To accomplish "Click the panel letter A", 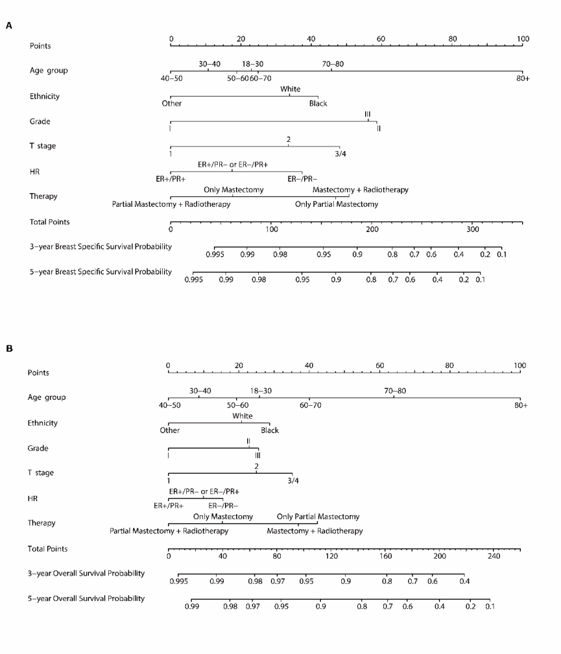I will pos(8,26).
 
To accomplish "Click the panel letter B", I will pos(8,349).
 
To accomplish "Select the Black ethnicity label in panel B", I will pos(270,430).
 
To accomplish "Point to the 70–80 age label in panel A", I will pos(333,64).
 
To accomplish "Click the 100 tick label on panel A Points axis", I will pos(523,39).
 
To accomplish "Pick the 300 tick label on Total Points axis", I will pos(473,229).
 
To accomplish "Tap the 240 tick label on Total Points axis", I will pos(494,556).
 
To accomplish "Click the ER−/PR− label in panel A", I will pos(302,178).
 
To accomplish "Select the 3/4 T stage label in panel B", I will pos(293,480).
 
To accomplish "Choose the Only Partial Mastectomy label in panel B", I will pos(318,517).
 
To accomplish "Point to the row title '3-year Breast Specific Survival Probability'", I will pos(101,247).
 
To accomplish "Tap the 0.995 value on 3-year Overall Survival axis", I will pos(178,581).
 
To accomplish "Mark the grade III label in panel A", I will pos(368,114).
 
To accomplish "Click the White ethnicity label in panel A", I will pos(290,89).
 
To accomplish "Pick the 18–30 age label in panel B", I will pos(261,391).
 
